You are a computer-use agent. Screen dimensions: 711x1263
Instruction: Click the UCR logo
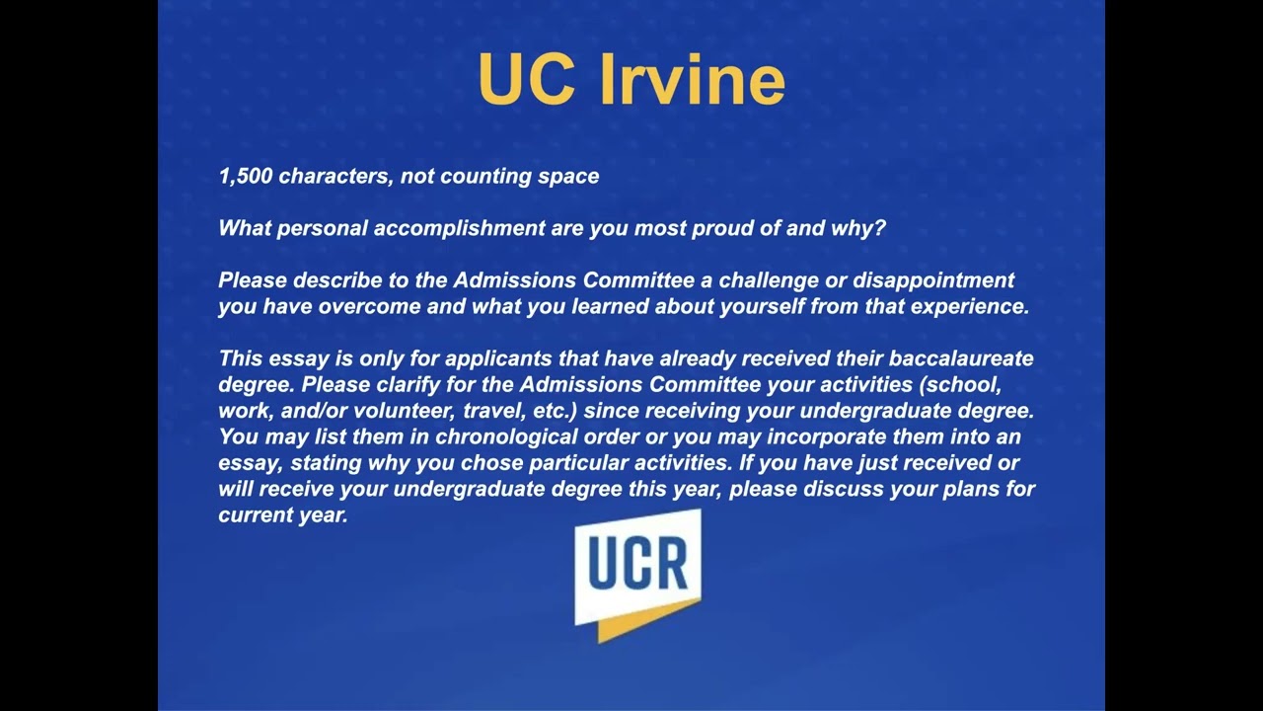click(x=637, y=573)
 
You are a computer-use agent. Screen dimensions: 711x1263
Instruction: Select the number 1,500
click(x=246, y=177)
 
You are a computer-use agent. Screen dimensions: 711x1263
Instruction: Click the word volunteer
click(x=406, y=410)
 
